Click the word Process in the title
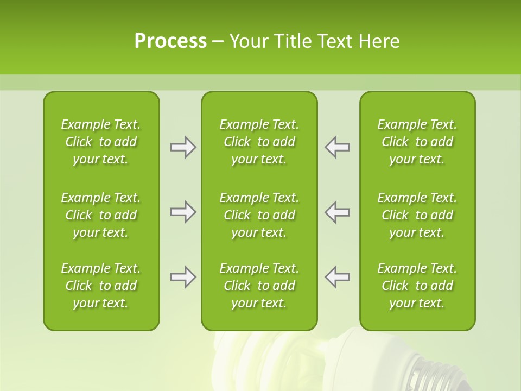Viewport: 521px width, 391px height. click(x=170, y=41)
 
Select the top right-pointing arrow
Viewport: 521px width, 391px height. click(x=183, y=147)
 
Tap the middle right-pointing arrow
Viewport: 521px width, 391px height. click(x=183, y=212)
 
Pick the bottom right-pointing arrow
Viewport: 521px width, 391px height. click(x=183, y=277)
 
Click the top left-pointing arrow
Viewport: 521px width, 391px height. click(x=338, y=147)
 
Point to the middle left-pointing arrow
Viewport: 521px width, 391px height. click(x=338, y=212)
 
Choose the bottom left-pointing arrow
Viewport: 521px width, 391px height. click(x=338, y=277)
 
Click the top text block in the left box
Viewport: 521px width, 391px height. click(x=101, y=142)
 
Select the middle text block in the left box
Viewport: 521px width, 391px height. click(x=101, y=215)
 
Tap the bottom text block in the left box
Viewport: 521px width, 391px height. click(x=101, y=286)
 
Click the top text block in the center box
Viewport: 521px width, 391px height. click(x=259, y=142)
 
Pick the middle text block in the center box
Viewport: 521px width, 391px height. click(x=259, y=215)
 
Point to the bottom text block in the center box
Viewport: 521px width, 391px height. click(x=259, y=286)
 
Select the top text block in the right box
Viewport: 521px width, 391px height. click(x=417, y=142)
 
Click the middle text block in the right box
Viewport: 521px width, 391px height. click(x=417, y=215)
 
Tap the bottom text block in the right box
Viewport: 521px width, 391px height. click(x=417, y=286)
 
